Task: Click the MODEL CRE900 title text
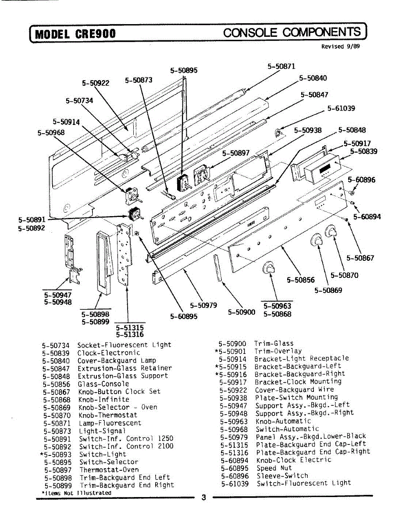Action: [75, 34]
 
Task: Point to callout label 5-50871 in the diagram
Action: [281, 67]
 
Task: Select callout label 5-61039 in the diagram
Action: [341, 108]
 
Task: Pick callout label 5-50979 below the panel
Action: [203, 305]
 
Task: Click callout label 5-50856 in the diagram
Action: [301, 280]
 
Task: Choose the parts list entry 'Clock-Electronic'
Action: [109, 352]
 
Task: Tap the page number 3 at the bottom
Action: [203, 498]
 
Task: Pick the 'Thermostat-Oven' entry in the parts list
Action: [109, 469]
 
